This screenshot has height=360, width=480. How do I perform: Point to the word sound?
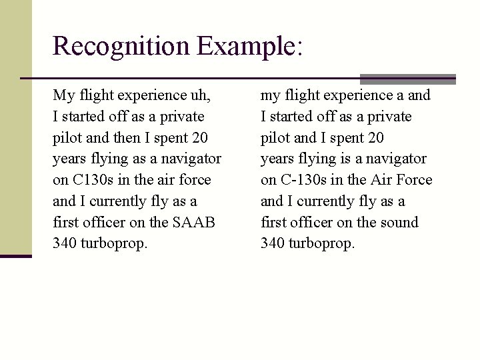coord(399,222)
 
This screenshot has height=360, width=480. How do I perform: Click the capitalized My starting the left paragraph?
coord(63,95)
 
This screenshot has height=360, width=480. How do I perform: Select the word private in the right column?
coord(389,117)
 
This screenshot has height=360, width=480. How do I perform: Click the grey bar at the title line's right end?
coord(407,78)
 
